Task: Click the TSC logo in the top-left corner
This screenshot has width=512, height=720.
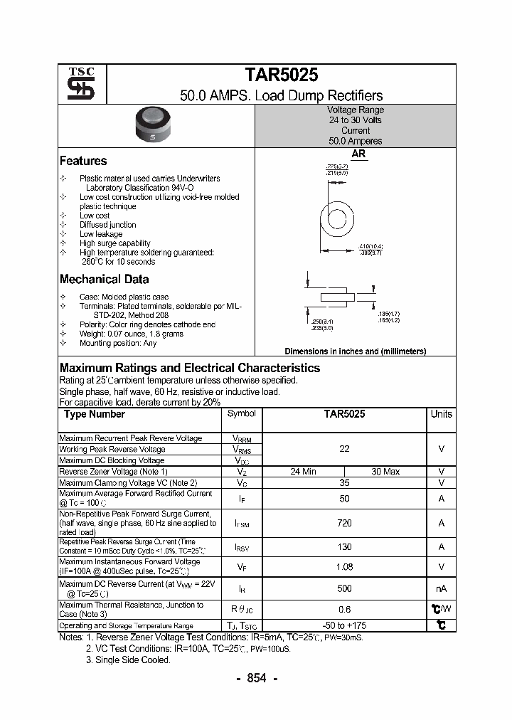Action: coord(76,85)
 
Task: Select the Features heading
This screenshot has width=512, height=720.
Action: coord(83,161)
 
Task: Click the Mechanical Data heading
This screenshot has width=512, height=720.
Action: coord(104,280)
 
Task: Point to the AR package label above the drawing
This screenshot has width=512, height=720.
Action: coord(358,153)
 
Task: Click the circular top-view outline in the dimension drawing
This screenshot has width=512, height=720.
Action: coord(343,217)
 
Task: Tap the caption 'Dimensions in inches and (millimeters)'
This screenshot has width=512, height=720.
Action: coord(355,351)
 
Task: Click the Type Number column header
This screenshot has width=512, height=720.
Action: coord(94,414)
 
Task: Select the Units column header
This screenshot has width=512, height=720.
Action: coord(441,414)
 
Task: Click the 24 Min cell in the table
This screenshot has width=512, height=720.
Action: coord(304,472)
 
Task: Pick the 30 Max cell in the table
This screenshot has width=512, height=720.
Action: coord(385,472)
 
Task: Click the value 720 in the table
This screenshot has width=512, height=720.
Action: coord(345,523)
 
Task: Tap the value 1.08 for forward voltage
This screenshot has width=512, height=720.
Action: coord(345,567)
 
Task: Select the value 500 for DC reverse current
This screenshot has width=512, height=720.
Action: coord(345,589)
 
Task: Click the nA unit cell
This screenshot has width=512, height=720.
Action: coord(441,589)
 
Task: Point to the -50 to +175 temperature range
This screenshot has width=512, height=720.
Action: coord(345,625)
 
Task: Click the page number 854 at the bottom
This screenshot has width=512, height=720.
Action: coord(256,678)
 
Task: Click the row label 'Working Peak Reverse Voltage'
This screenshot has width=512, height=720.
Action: coord(112,450)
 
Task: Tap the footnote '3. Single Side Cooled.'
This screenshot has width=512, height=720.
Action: coord(128,660)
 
